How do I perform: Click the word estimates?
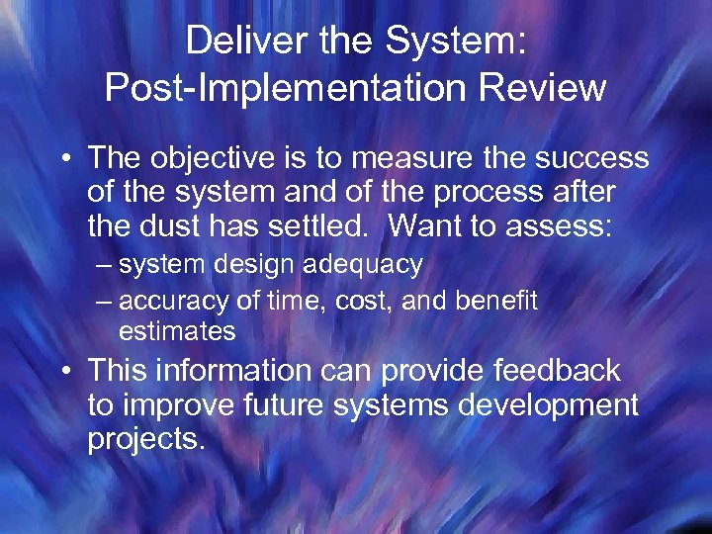[x=177, y=331]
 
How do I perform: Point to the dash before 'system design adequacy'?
[x=104, y=265]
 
